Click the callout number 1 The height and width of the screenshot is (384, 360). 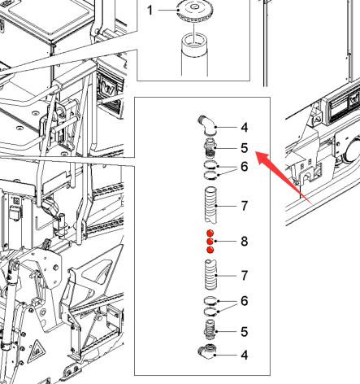(150, 11)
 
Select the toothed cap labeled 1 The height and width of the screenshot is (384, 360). (194, 11)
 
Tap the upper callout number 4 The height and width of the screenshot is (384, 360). (245, 128)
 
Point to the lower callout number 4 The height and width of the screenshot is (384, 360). (245, 355)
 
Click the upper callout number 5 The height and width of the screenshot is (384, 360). (245, 148)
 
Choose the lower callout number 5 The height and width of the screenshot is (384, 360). (245, 332)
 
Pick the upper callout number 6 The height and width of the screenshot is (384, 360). (245, 167)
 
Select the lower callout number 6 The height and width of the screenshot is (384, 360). (245, 301)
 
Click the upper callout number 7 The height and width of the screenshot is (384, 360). (245, 206)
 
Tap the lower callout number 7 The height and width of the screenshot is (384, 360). (245, 276)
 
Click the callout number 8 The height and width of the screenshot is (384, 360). (245, 242)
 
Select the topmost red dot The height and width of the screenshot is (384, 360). (210, 233)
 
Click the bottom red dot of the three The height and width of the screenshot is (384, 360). (210, 250)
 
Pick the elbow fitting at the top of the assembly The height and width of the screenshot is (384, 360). (207, 125)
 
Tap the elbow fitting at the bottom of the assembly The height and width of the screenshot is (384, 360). (207, 351)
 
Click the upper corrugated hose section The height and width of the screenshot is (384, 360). (210, 205)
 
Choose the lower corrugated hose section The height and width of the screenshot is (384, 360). (210, 274)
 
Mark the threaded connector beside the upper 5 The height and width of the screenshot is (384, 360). (210, 148)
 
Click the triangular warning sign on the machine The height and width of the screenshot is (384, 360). (37, 349)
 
